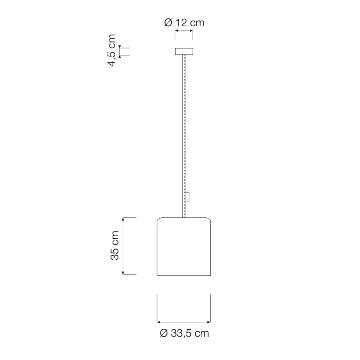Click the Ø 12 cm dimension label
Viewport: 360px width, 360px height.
184,23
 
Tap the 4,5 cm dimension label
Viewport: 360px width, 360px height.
112,50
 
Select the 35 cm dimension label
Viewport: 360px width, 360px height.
114,246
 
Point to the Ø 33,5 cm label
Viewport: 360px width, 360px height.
184,333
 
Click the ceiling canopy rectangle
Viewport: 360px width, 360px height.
184,51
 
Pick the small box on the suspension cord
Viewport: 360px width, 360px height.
187,197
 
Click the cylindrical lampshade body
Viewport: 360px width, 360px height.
184,246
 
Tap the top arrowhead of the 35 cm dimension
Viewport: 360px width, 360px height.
123,219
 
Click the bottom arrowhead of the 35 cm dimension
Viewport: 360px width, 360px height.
123,273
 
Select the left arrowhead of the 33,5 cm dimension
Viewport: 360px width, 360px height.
158,322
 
